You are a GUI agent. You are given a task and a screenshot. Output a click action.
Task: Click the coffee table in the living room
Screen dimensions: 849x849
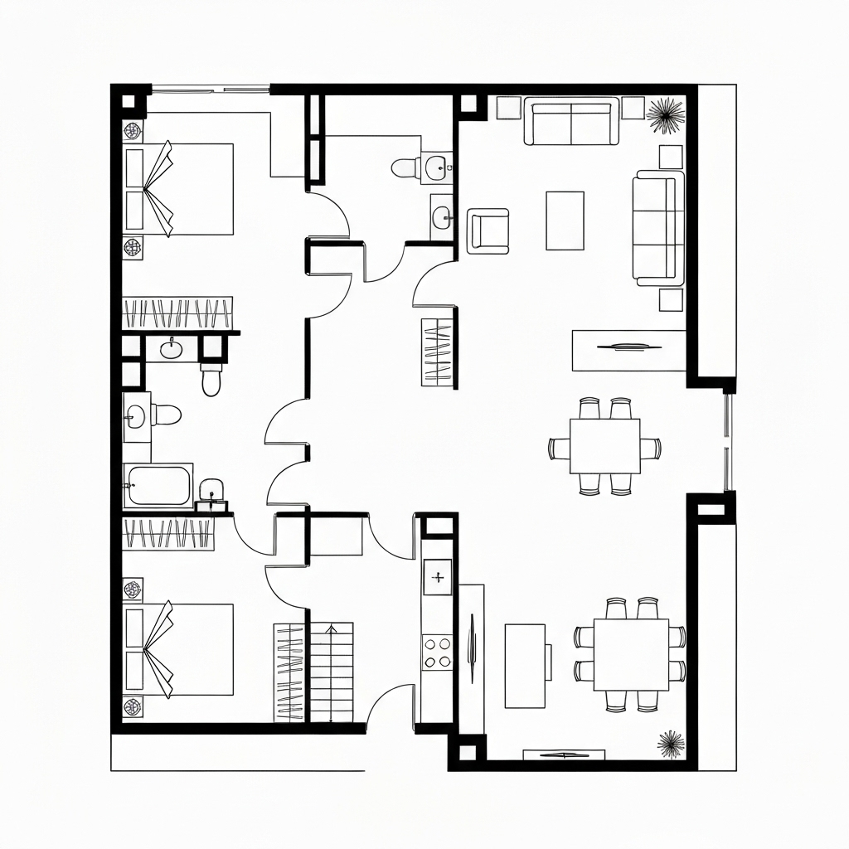tap(565, 221)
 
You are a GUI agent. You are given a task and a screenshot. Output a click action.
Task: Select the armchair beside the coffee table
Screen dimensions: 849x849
tap(488, 230)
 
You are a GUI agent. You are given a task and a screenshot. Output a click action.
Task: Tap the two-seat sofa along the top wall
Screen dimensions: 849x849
tap(571, 123)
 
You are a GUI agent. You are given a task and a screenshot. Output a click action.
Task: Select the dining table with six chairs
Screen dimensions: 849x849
tap(604, 445)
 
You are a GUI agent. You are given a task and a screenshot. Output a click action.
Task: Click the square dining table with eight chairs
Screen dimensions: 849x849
tap(631, 654)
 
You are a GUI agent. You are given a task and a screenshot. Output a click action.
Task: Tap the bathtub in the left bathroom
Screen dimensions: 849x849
tap(158, 486)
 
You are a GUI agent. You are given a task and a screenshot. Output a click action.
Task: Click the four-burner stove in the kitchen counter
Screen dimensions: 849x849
tap(438, 652)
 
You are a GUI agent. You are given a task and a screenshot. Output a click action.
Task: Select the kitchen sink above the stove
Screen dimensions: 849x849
tap(438, 576)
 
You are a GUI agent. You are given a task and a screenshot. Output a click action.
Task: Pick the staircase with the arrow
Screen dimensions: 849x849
tap(331, 671)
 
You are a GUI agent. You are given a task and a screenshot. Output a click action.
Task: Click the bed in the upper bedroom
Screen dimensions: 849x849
tap(189, 189)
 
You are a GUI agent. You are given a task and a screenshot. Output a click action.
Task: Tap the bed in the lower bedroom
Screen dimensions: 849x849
tap(189, 649)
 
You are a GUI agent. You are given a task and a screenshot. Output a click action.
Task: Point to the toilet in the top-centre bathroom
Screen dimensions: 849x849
tap(407, 168)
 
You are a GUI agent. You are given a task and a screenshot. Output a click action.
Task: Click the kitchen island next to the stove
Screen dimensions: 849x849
tap(526, 666)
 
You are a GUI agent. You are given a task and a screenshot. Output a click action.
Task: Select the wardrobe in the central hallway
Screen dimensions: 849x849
tap(438, 352)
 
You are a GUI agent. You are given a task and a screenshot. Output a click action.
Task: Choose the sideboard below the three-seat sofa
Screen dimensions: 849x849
tap(628, 350)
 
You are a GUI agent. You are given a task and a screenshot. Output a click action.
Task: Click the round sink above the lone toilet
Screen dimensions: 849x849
tap(172, 348)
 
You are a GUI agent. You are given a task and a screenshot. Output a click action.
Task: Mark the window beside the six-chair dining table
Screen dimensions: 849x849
tap(728, 444)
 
